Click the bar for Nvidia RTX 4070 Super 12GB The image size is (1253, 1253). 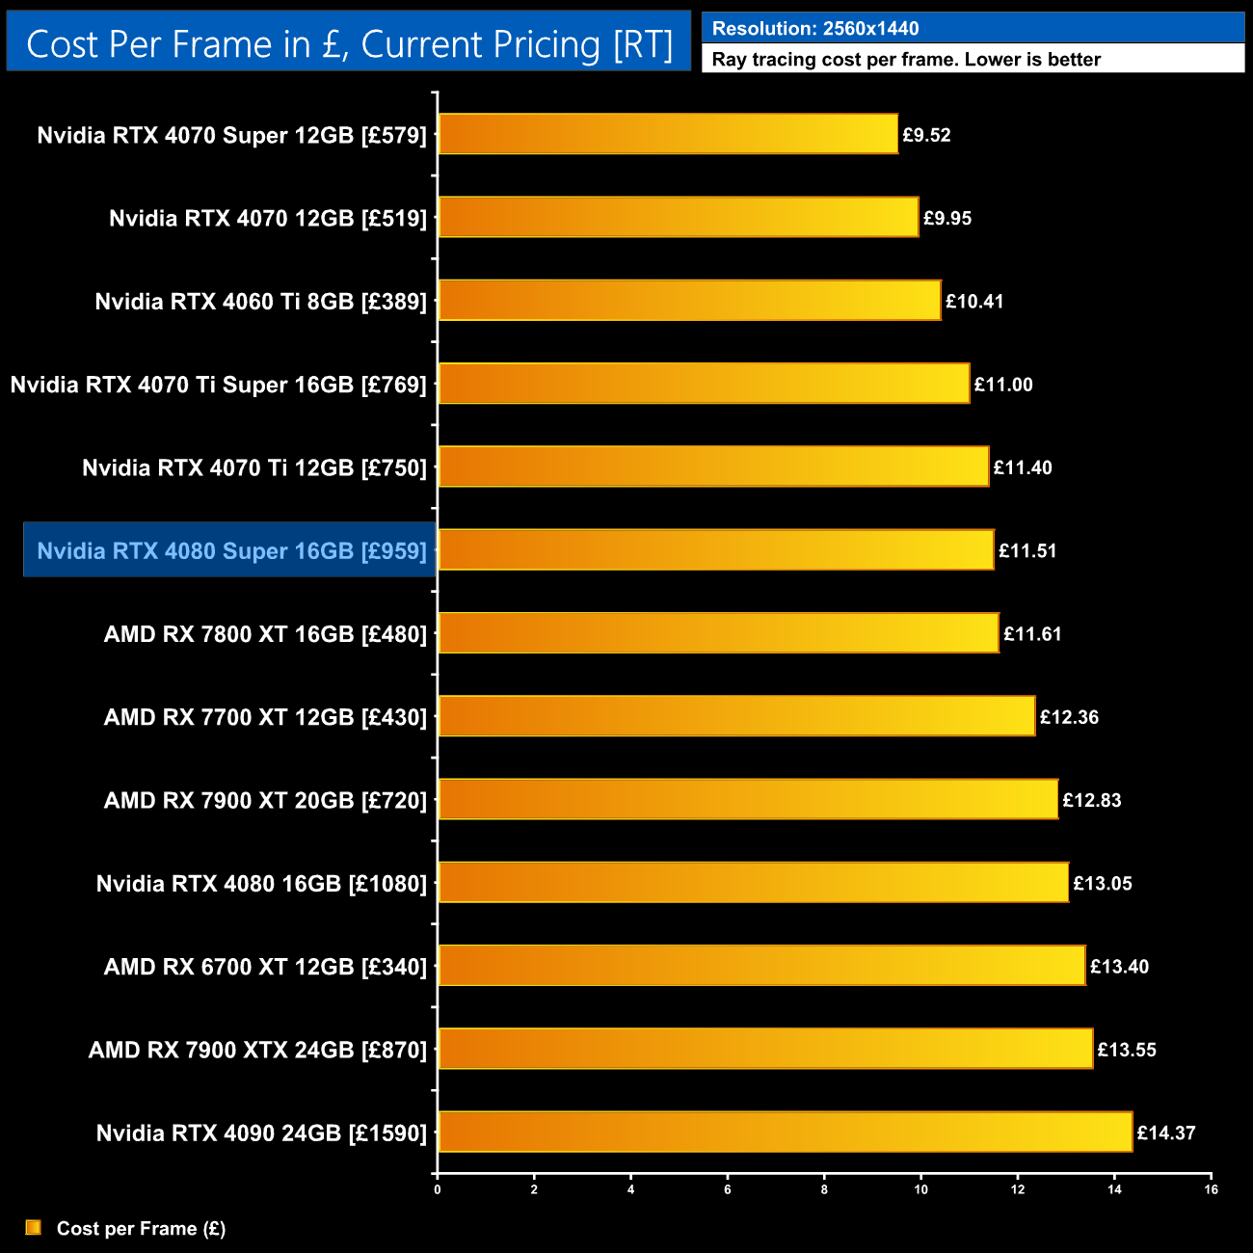click(x=668, y=134)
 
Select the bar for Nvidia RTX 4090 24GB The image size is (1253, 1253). click(x=785, y=1132)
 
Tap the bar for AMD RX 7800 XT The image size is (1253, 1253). click(x=718, y=633)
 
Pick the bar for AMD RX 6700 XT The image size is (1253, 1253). click(x=761, y=966)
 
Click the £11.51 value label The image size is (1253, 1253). click(x=1027, y=551)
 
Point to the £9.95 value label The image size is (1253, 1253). click(x=947, y=219)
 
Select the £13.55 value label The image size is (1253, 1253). click(x=1127, y=1050)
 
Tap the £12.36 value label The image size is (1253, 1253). click(x=1069, y=717)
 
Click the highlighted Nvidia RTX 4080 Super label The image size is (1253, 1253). click(x=231, y=551)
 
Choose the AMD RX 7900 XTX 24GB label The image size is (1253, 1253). click(x=257, y=1050)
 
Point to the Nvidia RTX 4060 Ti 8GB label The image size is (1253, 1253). click(x=260, y=302)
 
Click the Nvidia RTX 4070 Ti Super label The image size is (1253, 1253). click(x=218, y=385)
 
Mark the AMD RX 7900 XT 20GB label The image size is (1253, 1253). click(x=265, y=800)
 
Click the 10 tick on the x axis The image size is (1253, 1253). click(x=920, y=1189)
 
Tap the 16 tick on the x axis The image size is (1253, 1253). click(x=1211, y=1189)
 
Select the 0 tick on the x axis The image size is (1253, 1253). click(x=438, y=1189)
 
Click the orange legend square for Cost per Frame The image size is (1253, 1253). click(x=34, y=1227)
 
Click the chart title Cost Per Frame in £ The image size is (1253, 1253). click(x=349, y=44)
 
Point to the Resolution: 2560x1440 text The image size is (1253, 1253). click(x=815, y=29)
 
